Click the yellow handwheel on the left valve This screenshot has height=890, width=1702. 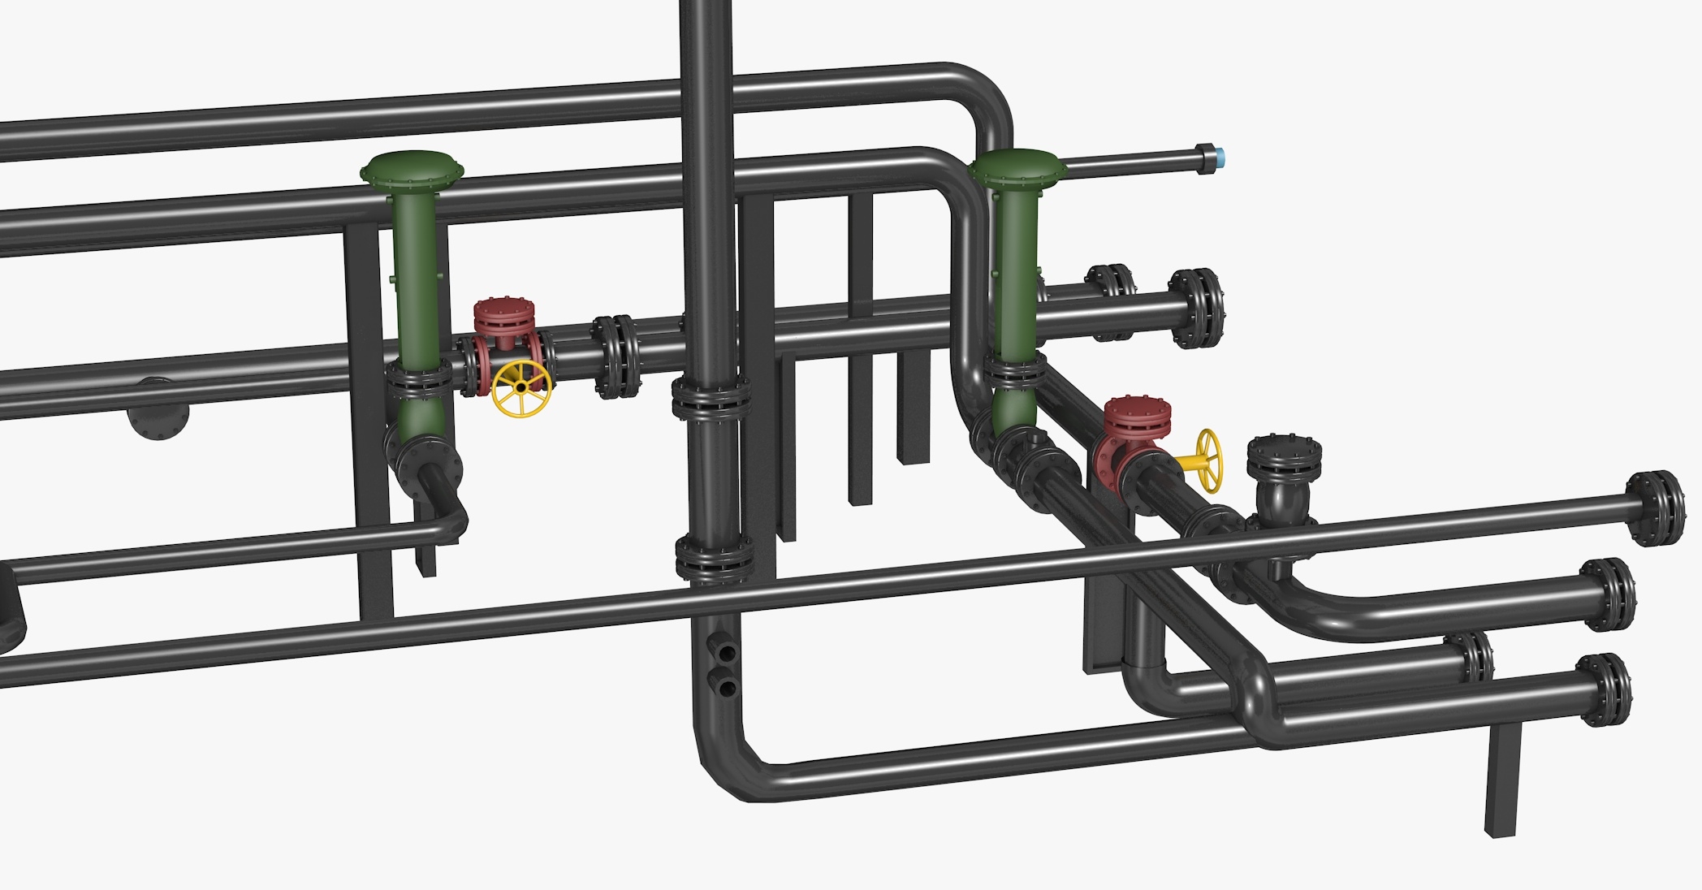click(x=521, y=389)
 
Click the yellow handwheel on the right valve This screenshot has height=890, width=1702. click(x=1208, y=460)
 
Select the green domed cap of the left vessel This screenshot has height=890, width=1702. click(x=412, y=168)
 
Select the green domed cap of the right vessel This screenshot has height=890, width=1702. click(x=1018, y=166)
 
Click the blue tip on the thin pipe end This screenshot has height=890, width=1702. click(x=1220, y=157)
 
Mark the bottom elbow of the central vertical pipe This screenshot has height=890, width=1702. click(x=727, y=763)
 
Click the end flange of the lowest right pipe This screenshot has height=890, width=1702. click(x=1604, y=689)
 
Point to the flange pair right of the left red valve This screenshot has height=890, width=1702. click(x=615, y=357)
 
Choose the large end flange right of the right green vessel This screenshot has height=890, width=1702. click(x=1197, y=309)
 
